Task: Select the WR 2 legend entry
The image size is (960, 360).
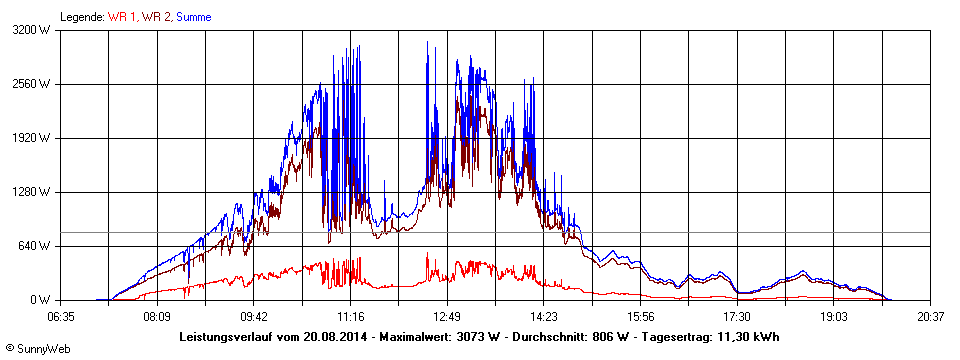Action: tap(156, 17)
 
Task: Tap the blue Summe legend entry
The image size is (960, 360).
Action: tap(193, 17)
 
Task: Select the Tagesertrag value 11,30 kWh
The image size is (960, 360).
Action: tap(748, 337)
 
